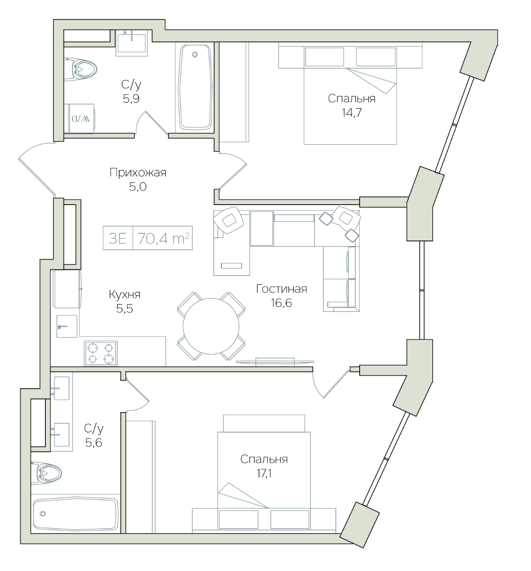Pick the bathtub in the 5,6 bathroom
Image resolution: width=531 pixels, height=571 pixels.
pos(75,514)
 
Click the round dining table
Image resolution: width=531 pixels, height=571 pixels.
pos(211,326)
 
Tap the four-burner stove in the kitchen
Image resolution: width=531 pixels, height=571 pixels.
pos(100,353)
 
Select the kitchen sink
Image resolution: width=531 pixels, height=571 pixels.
pos(67,326)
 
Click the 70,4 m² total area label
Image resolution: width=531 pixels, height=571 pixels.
pos(163,238)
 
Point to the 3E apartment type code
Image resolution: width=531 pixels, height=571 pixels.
pos(118,238)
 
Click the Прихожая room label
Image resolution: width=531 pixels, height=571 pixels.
pos(138,172)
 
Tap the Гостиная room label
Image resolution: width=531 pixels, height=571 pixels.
pos(281,289)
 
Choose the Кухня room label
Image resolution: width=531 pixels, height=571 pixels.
pos(125,295)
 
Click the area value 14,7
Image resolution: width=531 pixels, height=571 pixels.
pos(351,112)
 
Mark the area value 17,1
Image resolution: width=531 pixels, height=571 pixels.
pos(264,473)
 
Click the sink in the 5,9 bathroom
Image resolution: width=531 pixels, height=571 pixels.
pos(132,43)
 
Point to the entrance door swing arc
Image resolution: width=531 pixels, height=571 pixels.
pos(36,169)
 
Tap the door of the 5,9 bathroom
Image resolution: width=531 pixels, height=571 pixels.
pos(151,123)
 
